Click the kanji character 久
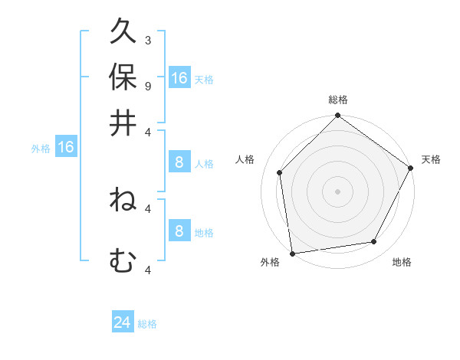pos(123,33)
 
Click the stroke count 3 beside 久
pos(147,40)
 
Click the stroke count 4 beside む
pos(147,269)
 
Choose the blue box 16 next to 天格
pos(179,78)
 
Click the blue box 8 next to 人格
pos(179,162)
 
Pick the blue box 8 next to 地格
pos(179,231)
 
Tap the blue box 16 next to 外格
pos(66,147)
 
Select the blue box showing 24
pos(122,322)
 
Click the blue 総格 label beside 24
pos(148,324)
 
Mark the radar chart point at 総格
pos(337,117)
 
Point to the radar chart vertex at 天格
pos(410,169)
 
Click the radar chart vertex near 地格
pos(374,242)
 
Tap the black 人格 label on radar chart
pos(245,159)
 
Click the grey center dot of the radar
pos(337,191)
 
